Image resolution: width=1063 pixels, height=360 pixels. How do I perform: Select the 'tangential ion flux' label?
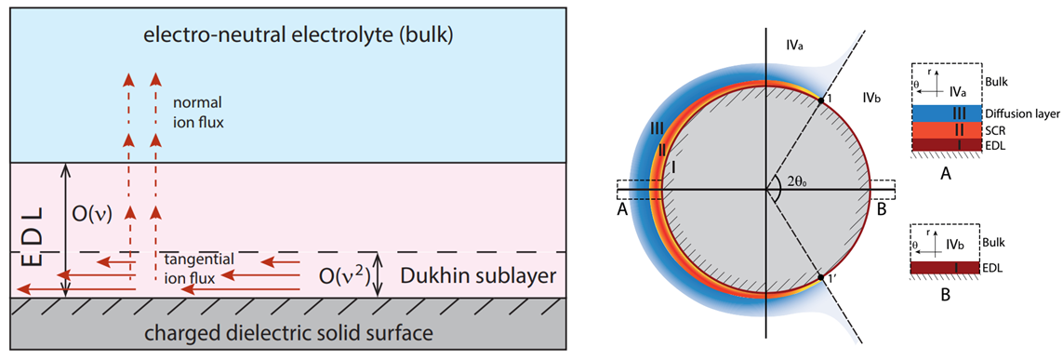click(x=201, y=266)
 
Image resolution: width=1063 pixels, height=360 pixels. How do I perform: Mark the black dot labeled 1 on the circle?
click(x=820, y=100)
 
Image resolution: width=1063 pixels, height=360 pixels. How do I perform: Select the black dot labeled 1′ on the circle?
click(x=820, y=278)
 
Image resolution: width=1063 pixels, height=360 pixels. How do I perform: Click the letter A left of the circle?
click(x=622, y=211)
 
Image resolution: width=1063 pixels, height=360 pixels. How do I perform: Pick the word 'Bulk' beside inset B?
click(x=993, y=241)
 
